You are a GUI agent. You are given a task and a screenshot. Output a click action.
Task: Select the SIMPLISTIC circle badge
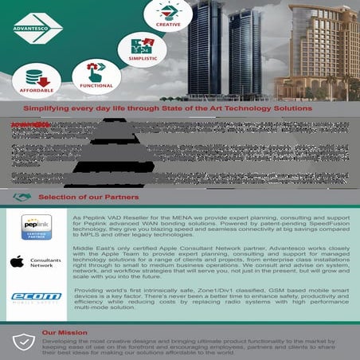(142, 49)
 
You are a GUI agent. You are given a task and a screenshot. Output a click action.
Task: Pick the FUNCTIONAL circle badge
(96, 76)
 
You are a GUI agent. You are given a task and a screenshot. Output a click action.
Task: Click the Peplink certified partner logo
(36, 227)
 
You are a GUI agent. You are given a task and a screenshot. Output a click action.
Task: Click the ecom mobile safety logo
(36, 297)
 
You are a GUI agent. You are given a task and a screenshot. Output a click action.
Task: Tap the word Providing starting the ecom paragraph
(92, 292)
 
